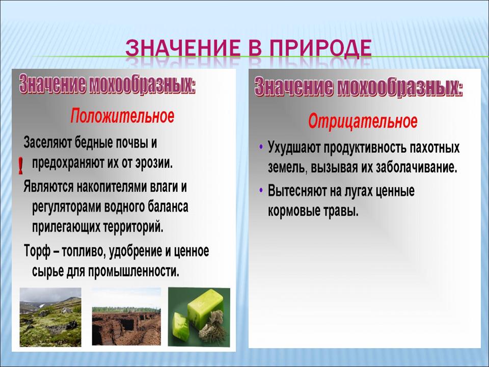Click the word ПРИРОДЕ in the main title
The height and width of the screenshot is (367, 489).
(320, 48)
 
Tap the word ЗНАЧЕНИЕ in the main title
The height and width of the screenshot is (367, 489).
(183, 48)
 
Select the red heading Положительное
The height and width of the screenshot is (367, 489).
(122, 116)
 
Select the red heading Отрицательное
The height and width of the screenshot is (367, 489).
(363, 121)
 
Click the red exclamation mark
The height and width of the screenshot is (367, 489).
(20, 165)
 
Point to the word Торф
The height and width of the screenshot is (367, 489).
(37, 251)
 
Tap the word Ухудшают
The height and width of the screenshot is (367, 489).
(294, 148)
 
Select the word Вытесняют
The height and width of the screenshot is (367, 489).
(297, 190)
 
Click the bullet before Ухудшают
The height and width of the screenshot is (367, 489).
(261, 146)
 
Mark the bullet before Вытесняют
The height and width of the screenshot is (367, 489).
(261, 190)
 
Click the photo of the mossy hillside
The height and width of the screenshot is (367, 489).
(50, 317)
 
